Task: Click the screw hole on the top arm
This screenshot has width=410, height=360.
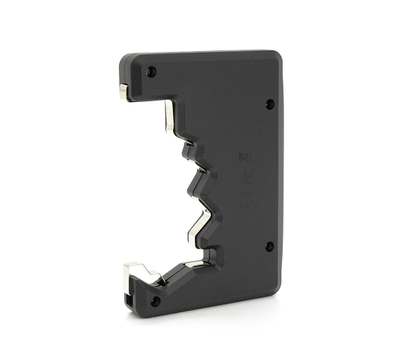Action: pos(151,72)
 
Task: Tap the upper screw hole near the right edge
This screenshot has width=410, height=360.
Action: pos(269,103)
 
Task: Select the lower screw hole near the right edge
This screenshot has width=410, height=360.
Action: pos(269,246)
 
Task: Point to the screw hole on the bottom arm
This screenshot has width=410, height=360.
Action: pos(154,300)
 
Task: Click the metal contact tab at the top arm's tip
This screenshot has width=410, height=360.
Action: pos(122,92)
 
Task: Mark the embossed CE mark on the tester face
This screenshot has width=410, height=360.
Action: pos(240,158)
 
